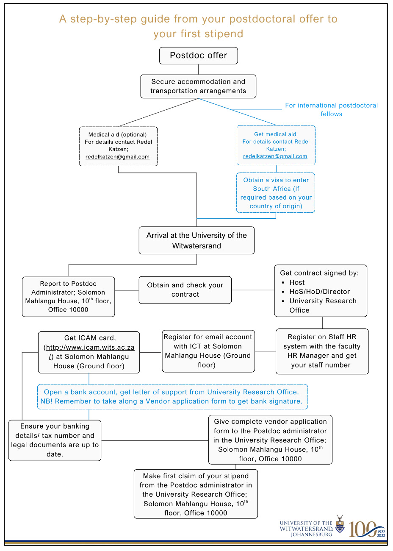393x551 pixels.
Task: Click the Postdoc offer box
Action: point(198,56)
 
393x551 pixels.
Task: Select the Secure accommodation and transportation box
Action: point(198,86)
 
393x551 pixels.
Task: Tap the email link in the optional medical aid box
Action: point(117,157)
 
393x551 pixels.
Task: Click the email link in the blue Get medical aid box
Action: point(275,156)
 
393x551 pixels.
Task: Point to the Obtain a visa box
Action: point(276,193)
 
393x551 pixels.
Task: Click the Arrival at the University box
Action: point(196,240)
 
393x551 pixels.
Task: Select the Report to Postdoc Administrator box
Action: point(68,297)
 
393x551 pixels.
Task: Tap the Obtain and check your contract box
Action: point(185,290)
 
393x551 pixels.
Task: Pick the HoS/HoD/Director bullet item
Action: point(316,292)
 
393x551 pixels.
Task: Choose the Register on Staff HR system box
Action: point(322,351)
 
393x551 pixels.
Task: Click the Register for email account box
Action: point(208,351)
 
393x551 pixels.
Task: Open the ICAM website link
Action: point(90,348)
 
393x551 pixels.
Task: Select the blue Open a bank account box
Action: point(172,397)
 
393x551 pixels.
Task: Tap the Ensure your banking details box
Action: point(55,440)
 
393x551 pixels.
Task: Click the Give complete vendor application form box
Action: point(270,440)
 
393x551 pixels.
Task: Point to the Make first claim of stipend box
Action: point(196,494)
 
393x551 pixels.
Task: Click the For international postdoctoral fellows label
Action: point(331,110)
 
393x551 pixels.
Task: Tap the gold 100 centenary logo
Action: point(367,529)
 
